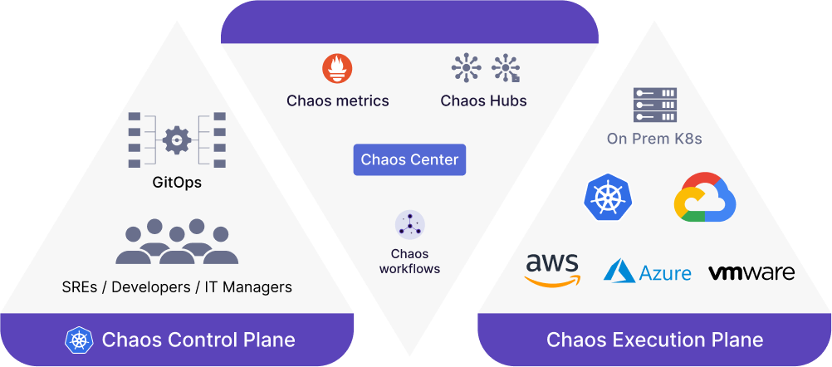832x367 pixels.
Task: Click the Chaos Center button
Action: pos(409,159)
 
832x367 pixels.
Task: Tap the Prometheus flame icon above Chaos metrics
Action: pos(337,69)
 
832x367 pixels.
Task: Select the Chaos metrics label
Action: pos(337,100)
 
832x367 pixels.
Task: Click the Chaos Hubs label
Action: pos(483,100)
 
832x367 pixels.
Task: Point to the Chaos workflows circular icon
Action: pos(409,225)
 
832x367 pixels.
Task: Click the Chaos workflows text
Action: pos(409,261)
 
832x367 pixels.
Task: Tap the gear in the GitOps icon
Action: pos(177,140)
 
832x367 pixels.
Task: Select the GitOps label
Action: pos(177,183)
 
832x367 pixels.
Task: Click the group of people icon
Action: pos(177,242)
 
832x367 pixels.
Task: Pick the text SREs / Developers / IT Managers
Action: pos(177,287)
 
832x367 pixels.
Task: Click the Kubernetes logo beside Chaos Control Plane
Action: pos(79,340)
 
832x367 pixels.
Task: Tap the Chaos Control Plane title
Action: pos(198,340)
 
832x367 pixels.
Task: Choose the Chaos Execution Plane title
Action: pos(655,340)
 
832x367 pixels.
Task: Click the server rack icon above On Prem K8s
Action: pos(655,105)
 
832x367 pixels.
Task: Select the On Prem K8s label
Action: pos(655,139)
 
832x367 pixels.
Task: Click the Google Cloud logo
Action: pos(705,197)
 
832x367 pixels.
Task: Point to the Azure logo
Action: pos(648,271)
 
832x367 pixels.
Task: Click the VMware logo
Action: pos(751,272)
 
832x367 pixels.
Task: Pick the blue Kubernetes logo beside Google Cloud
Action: pos(604,198)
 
